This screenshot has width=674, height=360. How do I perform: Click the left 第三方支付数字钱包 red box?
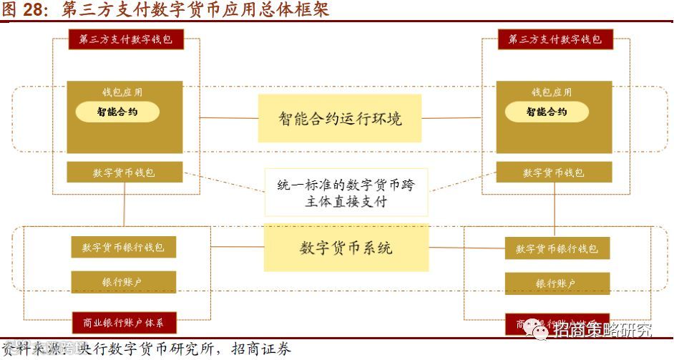click(x=126, y=39)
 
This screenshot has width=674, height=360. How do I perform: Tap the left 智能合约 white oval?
click(x=117, y=112)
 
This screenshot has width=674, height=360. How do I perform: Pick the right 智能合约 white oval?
click(x=547, y=112)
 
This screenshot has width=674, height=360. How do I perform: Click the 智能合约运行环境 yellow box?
click(x=340, y=118)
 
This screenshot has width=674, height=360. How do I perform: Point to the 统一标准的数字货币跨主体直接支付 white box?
click(x=346, y=193)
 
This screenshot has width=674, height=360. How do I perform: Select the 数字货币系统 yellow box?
click(x=346, y=248)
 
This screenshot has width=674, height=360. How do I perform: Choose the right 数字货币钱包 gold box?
click(x=554, y=172)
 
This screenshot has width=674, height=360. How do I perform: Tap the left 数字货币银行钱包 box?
click(x=123, y=248)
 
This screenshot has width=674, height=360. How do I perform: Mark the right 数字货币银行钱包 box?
click(x=557, y=248)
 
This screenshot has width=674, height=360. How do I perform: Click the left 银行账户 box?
click(x=123, y=282)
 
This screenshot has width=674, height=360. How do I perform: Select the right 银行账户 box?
click(x=557, y=283)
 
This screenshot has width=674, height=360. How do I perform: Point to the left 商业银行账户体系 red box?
click(x=124, y=323)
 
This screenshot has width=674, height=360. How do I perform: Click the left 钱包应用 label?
click(x=122, y=92)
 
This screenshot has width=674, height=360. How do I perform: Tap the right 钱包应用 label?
click(x=552, y=92)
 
